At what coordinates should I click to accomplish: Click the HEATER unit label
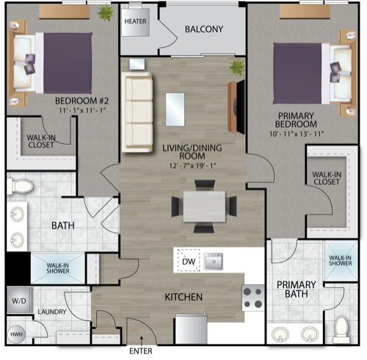135,21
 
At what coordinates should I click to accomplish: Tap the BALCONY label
204,29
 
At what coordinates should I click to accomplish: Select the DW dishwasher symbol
189,260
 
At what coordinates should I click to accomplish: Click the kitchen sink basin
214,262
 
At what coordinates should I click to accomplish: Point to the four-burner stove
253,298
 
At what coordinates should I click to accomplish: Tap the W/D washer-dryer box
20,300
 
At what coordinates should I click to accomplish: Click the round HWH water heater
16,334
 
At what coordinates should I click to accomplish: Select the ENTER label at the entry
141,351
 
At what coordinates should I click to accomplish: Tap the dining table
204,206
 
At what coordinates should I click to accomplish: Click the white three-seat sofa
137,112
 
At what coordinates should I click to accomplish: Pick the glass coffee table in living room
175,109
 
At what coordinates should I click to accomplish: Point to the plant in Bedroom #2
106,12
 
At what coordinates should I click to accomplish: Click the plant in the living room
237,67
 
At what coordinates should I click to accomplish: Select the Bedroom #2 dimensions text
82,110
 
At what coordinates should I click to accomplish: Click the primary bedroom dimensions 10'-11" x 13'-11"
297,134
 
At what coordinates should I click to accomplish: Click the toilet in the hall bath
20,187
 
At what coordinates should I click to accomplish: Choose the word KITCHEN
183,297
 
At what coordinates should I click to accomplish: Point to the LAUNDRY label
52,312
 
